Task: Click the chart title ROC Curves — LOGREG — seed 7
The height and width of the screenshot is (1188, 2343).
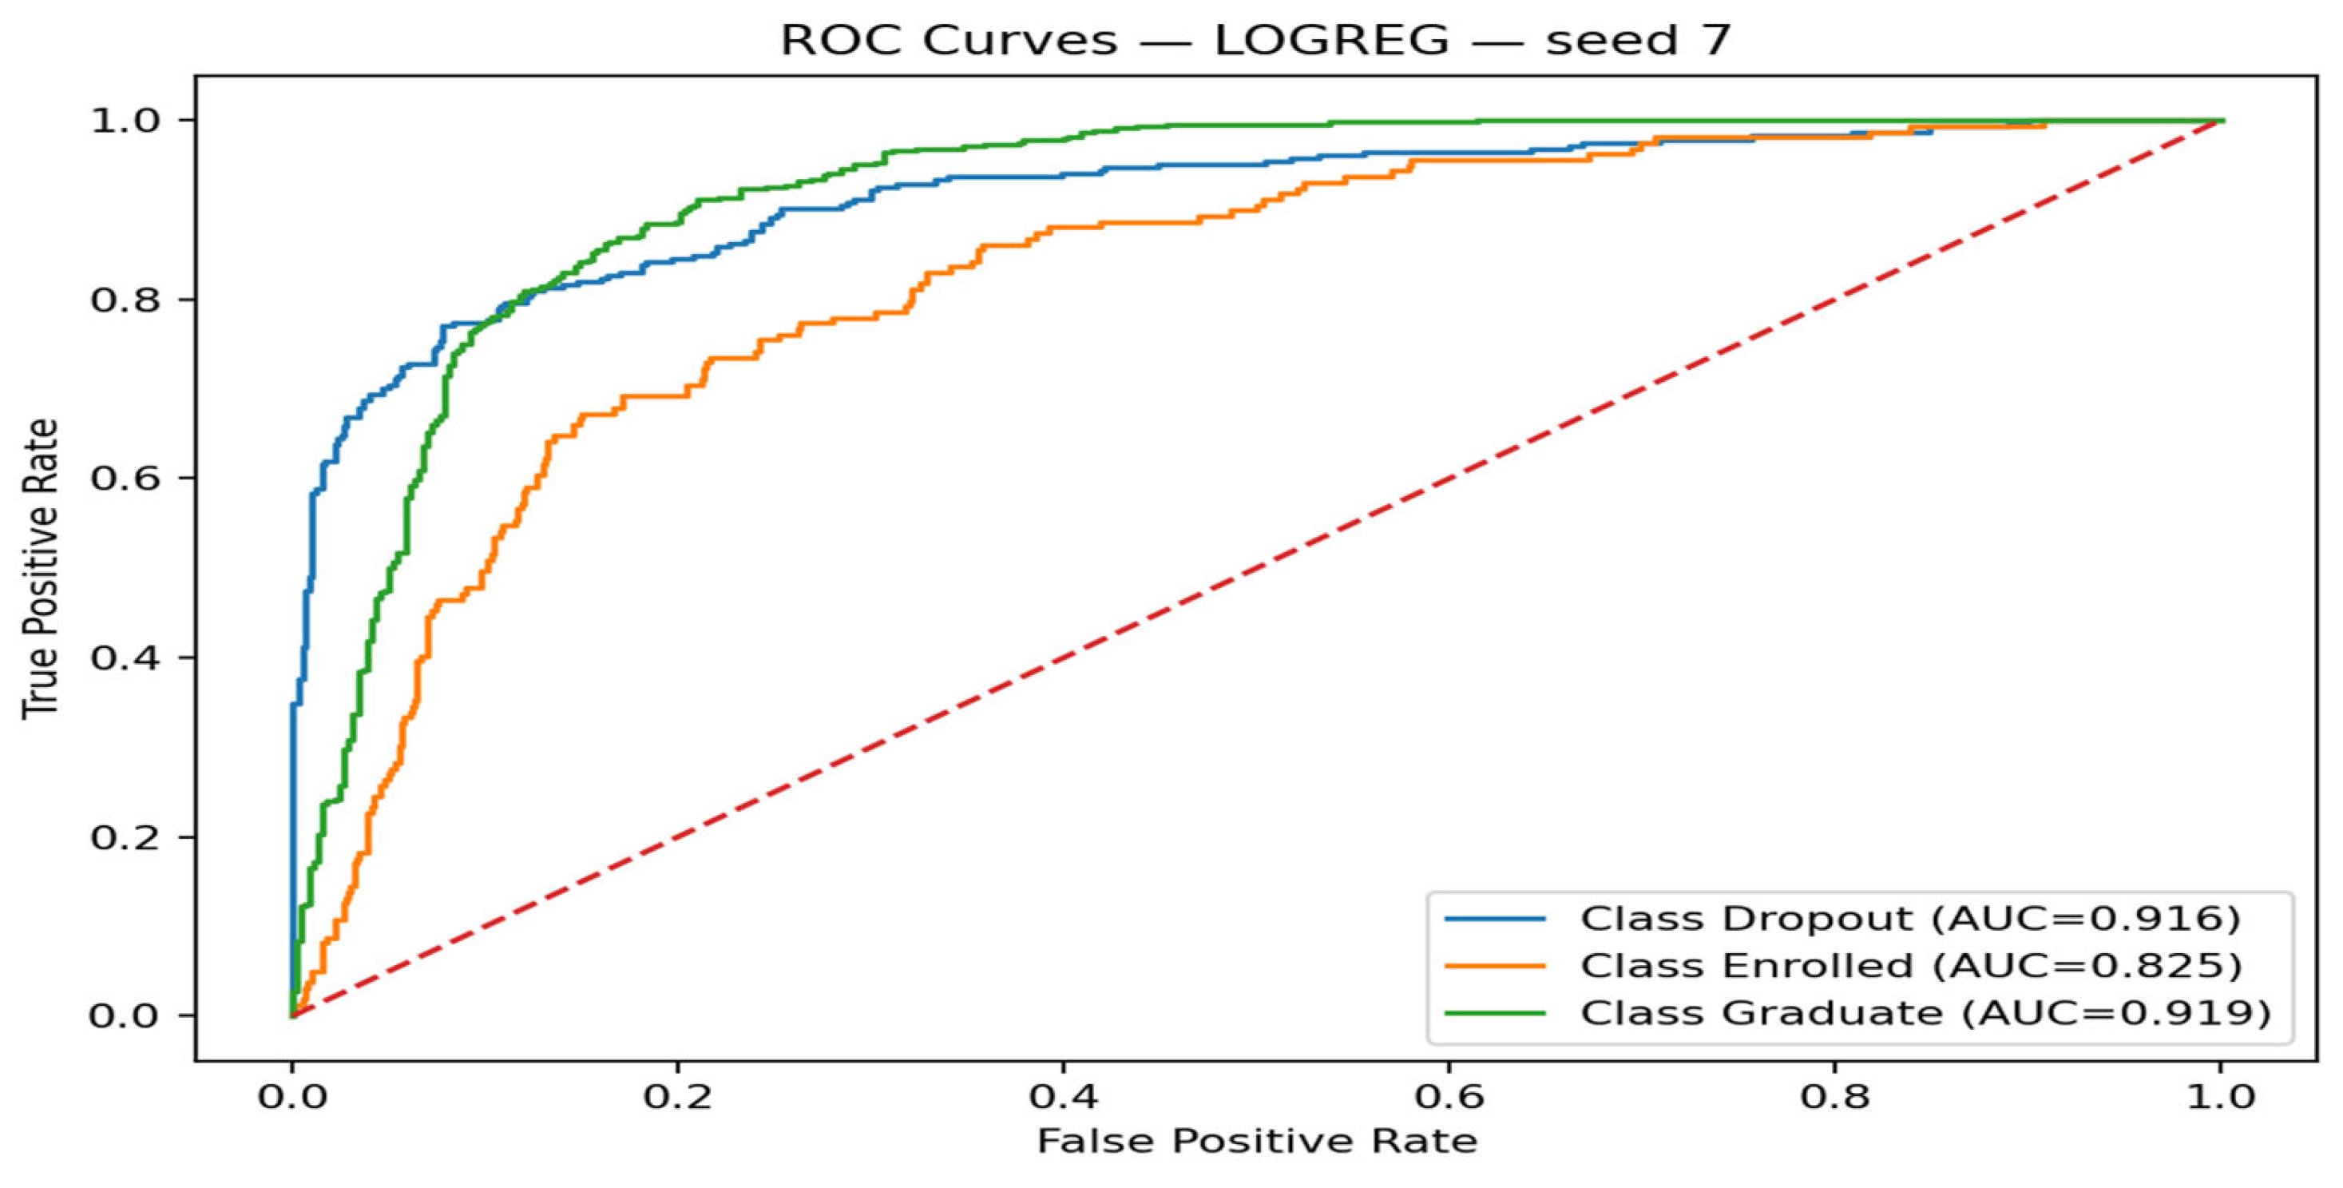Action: pos(1255,41)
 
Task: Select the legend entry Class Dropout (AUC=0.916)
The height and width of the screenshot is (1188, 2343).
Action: pos(1910,919)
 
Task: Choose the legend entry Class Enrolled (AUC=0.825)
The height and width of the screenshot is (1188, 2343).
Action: pos(1911,965)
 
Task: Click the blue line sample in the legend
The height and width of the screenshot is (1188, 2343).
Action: pos(1495,919)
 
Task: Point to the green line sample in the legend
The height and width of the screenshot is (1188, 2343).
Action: pos(1495,1012)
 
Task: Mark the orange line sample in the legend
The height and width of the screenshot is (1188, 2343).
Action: pos(1495,965)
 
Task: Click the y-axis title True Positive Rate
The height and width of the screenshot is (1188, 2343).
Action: pos(40,569)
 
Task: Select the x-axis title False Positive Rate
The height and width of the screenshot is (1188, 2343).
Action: pos(1257,1141)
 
